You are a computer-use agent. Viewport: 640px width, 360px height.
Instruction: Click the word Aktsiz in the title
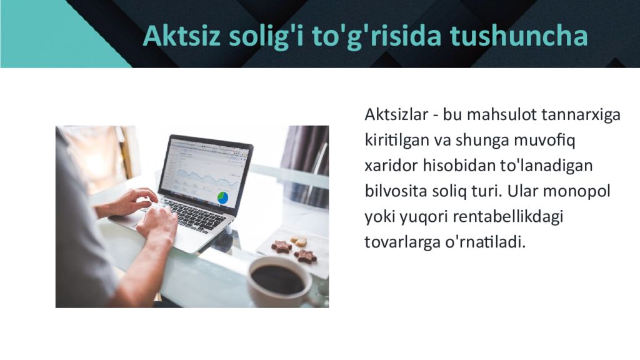coord(172,36)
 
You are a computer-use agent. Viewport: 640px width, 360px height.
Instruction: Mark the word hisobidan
coord(458,166)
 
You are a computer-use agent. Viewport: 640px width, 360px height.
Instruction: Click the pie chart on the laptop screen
coord(222,198)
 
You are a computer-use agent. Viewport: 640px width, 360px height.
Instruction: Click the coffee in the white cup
coord(277,279)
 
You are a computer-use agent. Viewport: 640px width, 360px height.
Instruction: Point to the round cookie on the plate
coord(300,241)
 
